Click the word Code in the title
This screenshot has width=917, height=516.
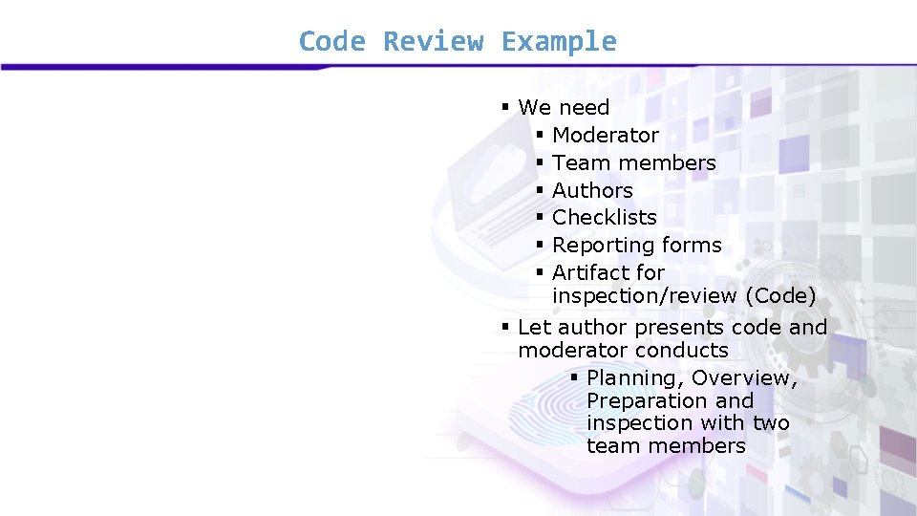tap(331, 42)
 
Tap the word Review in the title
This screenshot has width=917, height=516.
tap(433, 42)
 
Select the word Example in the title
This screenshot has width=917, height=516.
tap(559, 42)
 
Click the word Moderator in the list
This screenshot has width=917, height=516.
tap(606, 136)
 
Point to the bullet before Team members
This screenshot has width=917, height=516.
tap(540, 163)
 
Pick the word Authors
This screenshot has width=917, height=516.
tap(592, 191)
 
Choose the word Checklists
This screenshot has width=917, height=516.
tap(605, 218)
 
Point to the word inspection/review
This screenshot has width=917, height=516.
tap(645, 296)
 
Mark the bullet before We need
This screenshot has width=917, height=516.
tap(505, 107)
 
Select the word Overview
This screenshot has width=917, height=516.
tap(744, 378)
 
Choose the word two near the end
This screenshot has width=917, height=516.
tap(771, 423)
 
